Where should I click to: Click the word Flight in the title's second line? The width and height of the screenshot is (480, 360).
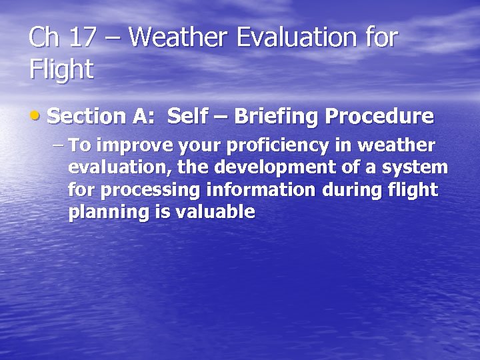point(61,69)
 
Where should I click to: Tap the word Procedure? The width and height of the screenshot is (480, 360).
point(379,117)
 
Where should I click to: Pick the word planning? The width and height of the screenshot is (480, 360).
point(106,213)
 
